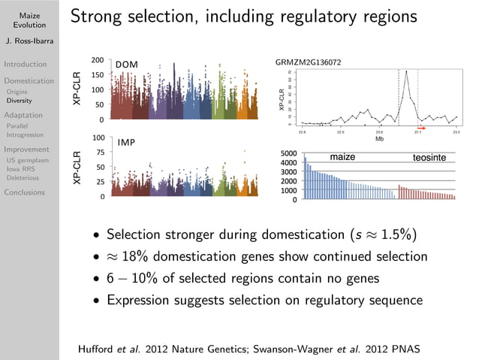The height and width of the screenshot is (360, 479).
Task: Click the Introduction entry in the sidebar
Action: (x=26, y=64)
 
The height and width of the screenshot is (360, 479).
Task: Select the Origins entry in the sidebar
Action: (x=18, y=92)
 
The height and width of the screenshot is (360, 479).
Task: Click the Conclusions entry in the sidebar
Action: (x=26, y=192)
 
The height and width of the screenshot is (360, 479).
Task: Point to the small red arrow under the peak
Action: (x=421, y=129)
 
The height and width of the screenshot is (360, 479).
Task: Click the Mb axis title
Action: (x=380, y=139)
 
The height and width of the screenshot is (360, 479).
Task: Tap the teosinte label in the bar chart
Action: (x=429, y=158)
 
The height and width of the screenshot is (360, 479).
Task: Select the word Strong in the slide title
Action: (x=98, y=16)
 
